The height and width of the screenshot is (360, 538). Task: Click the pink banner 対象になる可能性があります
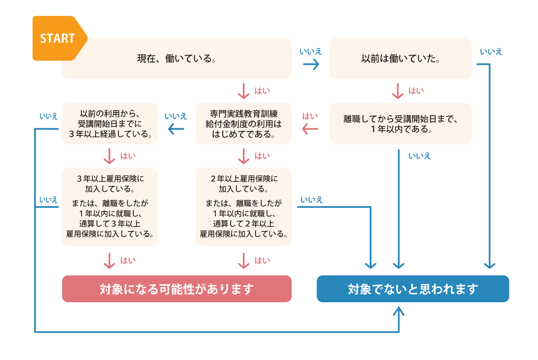[x=177, y=289]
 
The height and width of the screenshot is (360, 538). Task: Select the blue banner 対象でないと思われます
[x=413, y=289]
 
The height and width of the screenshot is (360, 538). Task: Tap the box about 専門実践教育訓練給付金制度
[x=244, y=124]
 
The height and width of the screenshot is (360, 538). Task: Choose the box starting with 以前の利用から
[x=110, y=124]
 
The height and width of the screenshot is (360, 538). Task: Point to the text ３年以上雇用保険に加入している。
[x=110, y=183]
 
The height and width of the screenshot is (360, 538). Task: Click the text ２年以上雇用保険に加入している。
[x=244, y=183]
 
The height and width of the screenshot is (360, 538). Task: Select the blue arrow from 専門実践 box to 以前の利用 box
[x=176, y=129]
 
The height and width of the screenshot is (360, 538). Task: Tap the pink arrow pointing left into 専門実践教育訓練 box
[x=310, y=129]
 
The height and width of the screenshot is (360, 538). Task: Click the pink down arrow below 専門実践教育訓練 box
[x=244, y=156]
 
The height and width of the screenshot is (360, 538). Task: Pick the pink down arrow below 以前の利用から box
[x=109, y=156]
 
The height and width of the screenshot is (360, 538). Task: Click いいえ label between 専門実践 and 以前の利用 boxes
[x=176, y=116]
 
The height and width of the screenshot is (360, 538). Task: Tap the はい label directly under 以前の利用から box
[x=128, y=156]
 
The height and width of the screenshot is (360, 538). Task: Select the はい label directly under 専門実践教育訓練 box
[x=262, y=156]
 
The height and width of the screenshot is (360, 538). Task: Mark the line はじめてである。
[x=244, y=134]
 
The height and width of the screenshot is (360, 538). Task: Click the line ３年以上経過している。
[x=110, y=134]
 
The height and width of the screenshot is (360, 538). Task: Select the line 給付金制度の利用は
[x=244, y=124]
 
